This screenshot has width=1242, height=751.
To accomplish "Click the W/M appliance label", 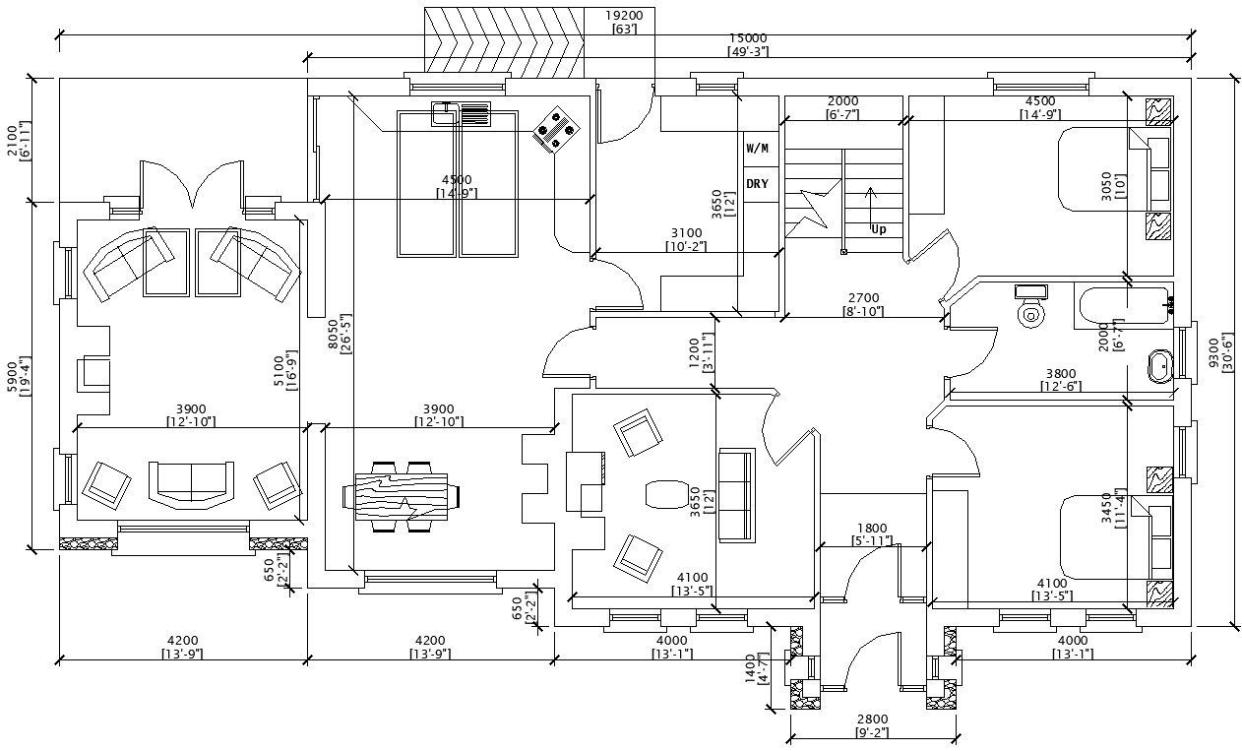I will (x=757, y=150).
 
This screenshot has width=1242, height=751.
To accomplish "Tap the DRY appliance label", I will (x=757, y=184).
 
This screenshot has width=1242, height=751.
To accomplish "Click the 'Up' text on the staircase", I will (x=878, y=228).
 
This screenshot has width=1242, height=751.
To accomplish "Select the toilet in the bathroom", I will (x=1030, y=306).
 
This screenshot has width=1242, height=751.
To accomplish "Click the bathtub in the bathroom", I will (x=1122, y=307).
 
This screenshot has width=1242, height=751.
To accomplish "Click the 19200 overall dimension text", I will (x=624, y=16).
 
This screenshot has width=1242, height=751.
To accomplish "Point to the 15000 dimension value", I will (x=748, y=38).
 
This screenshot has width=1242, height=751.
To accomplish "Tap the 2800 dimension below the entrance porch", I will (x=871, y=720).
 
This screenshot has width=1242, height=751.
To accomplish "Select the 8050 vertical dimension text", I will (x=334, y=336).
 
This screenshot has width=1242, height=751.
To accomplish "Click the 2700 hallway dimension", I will (x=863, y=298).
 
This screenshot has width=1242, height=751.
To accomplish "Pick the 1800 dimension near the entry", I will (x=872, y=529).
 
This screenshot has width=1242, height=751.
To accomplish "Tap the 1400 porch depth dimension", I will (x=750, y=667).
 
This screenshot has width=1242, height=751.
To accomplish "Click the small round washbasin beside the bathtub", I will (x=1160, y=365).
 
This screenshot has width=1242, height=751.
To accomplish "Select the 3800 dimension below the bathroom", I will (x=1060, y=373).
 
